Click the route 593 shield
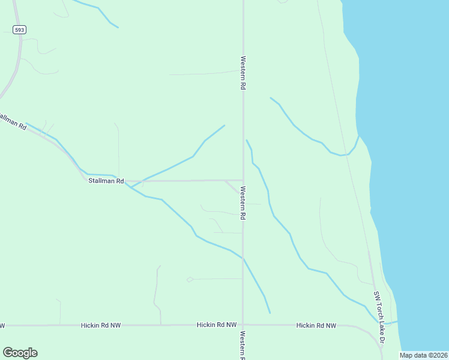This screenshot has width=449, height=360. pyautogui.click(x=20, y=29)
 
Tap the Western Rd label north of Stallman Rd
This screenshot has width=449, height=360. pyautogui.click(x=243, y=73)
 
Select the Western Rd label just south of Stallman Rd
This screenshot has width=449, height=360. pyautogui.click(x=243, y=202)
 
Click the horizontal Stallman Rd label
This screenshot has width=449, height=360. pyautogui.click(x=106, y=181)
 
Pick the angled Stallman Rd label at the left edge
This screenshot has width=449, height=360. pyautogui.click(x=13, y=121)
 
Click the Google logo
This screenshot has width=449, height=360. pyautogui.click(x=20, y=353)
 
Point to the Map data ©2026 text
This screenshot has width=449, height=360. pyautogui.click(x=423, y=355)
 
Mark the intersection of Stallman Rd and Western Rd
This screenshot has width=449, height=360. pyautogui.click(x=243, y=180)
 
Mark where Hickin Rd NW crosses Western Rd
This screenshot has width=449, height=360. pyautogui.click(x=243, y=325)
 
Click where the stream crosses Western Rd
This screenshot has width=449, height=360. pyautogui.click(x=243, y=259)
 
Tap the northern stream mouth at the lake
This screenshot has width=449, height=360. pyautogui.click(x=358, y=136)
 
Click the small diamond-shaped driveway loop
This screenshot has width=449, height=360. pyautogui.click(x=190, y=279)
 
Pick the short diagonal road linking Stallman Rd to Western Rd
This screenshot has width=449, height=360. pyautogui.click(x=234, y=187)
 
